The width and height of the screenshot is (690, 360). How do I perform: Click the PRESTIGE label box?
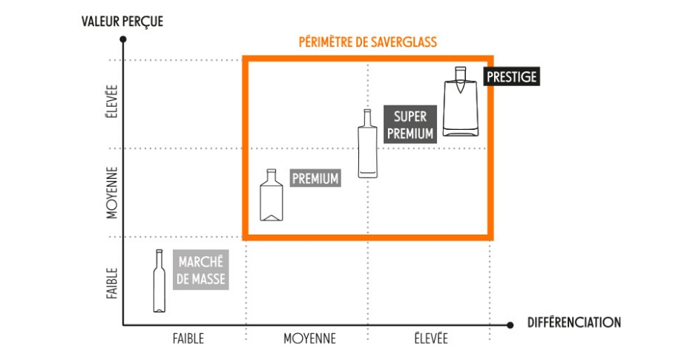tap(512, 76)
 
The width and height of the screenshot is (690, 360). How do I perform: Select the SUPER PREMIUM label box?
tap(410, 124)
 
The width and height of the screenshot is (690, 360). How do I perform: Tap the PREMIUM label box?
tap(315, 178)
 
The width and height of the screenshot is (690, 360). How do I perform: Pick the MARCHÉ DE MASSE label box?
tap(200, 269)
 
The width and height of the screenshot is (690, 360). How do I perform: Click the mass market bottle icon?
tap(160, 281)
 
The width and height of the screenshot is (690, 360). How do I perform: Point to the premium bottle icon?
tap(272, 194)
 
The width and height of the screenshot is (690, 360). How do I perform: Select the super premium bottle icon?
tap(367, 143)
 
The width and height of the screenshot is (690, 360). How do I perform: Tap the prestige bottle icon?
tap(460, 102)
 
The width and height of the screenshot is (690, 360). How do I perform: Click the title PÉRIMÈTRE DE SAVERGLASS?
tap(368, 42)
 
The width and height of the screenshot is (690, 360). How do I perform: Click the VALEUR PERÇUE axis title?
tap(122, 22)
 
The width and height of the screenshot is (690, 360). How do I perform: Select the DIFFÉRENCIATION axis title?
tap(574, 323)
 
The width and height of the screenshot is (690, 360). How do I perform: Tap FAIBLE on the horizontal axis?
tap(188, 338)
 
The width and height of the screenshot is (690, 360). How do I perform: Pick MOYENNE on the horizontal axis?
tap(310, 338)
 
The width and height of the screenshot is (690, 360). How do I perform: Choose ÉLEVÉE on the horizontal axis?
tap(431, 338)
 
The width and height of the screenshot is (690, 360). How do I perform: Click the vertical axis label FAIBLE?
tap(112, 284)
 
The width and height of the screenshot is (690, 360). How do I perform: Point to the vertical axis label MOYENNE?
tap(112, 193)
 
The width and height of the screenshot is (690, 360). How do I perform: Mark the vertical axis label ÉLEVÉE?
tap(112, 102)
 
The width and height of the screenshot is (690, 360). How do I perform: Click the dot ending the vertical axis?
tap(123, 39)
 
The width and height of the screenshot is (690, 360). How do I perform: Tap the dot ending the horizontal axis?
tap(510, 325)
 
